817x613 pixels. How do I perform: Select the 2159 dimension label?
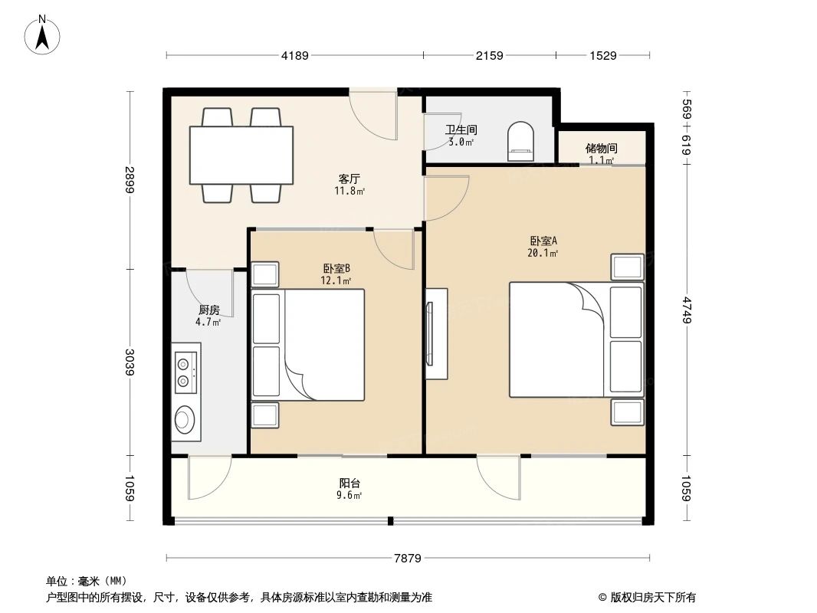[x=489, y=55]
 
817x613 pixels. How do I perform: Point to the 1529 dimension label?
[x=603, y=55]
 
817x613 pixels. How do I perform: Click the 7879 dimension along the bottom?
[x=408, y=559]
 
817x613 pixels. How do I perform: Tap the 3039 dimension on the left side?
[x=130, y=361]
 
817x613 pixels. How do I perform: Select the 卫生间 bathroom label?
[x=461, y=130]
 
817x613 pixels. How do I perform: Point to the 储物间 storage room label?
[x=601, y=149]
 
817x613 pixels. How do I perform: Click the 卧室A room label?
[x=542, y=241]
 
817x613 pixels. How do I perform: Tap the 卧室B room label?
[x=336, y=268]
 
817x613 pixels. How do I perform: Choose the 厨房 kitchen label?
[x=208, y=310]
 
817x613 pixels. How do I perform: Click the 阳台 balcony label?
[x=350, y=484]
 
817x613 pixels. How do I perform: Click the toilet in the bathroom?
[x=522, y=141]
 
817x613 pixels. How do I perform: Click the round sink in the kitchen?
[x=185, y=419]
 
